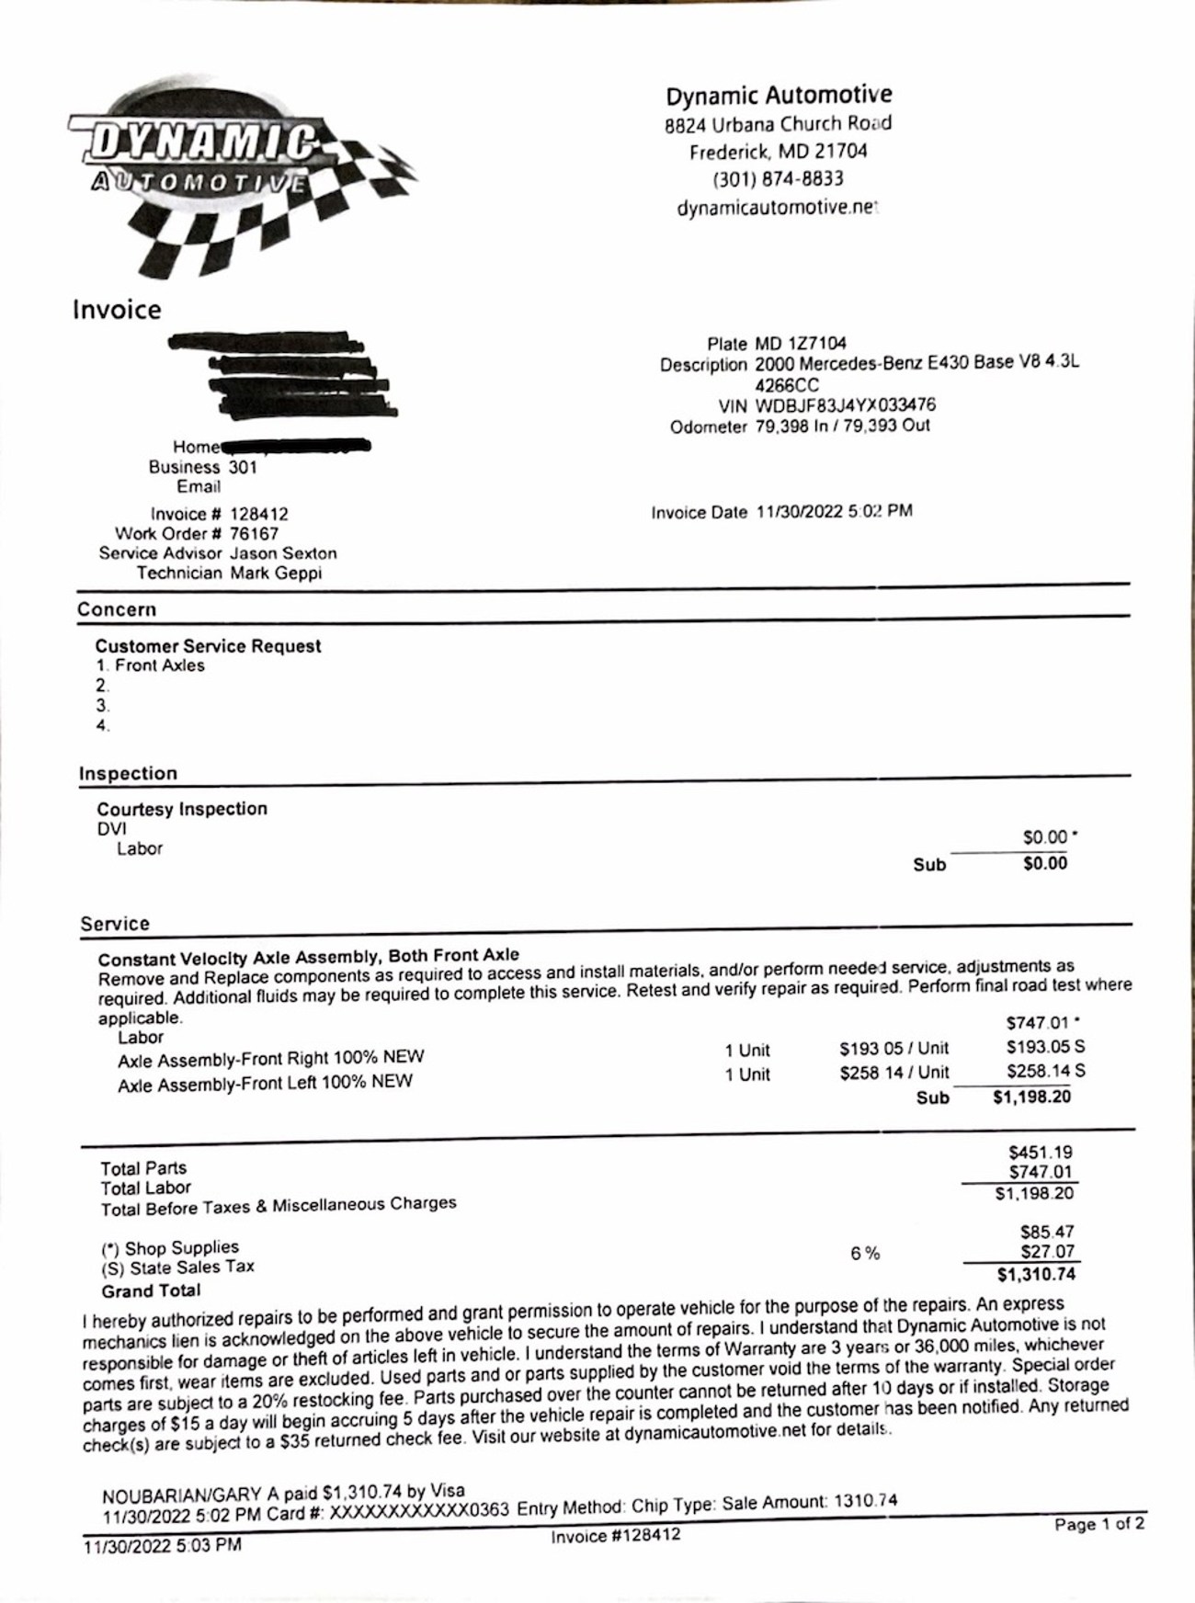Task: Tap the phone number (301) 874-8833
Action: click(778, 179)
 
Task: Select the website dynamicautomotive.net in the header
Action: click(778, 208)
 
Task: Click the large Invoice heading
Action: click(117, 310)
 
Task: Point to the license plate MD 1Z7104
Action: click(800, 344)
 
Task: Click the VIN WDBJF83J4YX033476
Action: click(845, 405)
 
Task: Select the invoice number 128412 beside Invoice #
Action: click(258, 514)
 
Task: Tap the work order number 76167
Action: click(254, 534)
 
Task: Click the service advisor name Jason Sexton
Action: click(283, 553)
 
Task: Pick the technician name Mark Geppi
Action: click(276, 574)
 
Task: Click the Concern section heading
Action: click(117, 609)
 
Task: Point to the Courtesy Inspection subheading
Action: click(182, 809)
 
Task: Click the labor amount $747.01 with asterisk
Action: click(1041, 1022)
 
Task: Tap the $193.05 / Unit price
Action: click(893, 1049)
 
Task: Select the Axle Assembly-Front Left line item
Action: click(265, 1084)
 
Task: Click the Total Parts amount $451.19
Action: click(1041, 1153)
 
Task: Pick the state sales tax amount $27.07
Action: click(1047, 1252)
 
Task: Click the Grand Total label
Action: click(151, 1290)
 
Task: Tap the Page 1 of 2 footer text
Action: click(1099, 1525)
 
